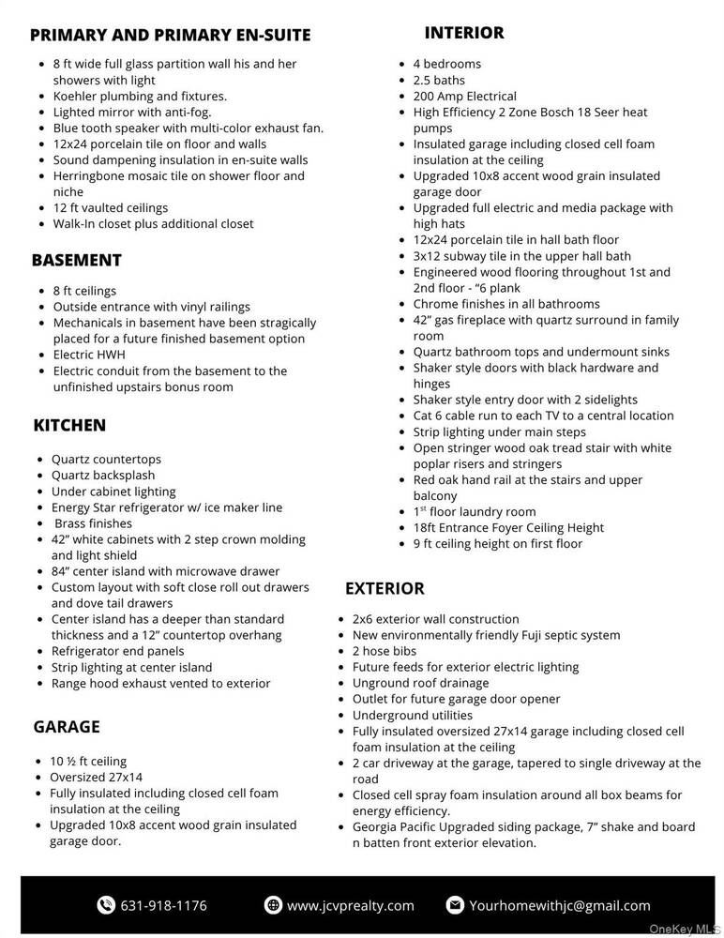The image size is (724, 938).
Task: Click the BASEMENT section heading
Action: point(76,260)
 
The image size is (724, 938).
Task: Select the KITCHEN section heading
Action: point(69,425)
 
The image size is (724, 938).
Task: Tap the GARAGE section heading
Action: point(66,727)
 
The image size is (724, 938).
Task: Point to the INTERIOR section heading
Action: point(463,33)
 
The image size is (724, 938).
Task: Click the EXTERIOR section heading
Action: point(385,588)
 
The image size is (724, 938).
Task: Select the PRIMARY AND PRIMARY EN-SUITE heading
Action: point(170,36)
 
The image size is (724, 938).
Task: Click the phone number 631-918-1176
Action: point(164,905)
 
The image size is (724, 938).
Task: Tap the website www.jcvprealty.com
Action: point(350,905)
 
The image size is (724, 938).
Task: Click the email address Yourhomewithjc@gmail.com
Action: point(559,905)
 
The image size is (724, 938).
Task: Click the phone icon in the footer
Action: point(106,905)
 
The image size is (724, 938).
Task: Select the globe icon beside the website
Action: point(273,905)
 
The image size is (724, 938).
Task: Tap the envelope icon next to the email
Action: point(455,905)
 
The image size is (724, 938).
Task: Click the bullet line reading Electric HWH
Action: point(88,355)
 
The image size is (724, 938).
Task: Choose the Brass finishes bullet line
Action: point(92,523)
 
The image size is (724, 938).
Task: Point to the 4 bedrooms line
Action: point(446,64)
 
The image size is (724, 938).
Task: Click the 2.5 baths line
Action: point(439,80)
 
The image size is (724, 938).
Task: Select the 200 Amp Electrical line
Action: point(464,96)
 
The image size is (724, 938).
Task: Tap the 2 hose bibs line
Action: point(384,651)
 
